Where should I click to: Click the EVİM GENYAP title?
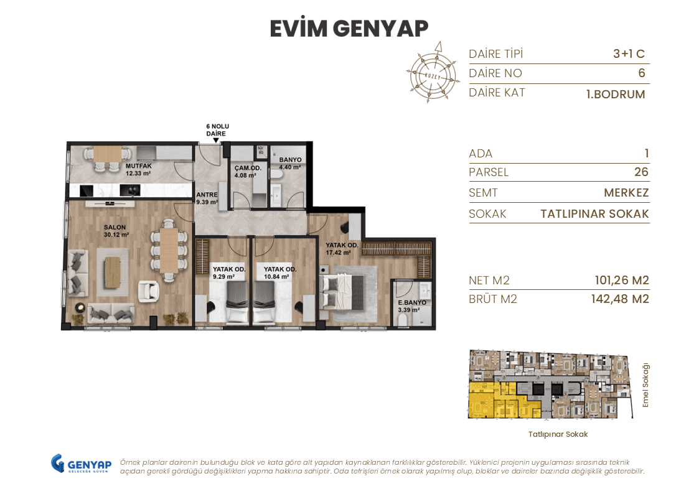click(349, 29)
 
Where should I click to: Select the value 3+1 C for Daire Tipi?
click(629, 54)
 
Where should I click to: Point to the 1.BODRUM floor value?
click(615, 95)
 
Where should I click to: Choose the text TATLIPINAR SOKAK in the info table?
click(594, 214)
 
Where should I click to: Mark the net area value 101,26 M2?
click(621, 281)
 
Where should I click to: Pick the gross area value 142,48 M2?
click(619, 299)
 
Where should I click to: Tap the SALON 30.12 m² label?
click(116, 231)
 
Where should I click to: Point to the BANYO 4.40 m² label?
click(290, 163)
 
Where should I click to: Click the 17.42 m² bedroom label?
click(342, 249)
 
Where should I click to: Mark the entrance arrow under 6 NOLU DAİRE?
click(217, 141)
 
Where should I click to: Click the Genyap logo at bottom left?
click(81, 464)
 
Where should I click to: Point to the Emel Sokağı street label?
click(645, 385)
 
